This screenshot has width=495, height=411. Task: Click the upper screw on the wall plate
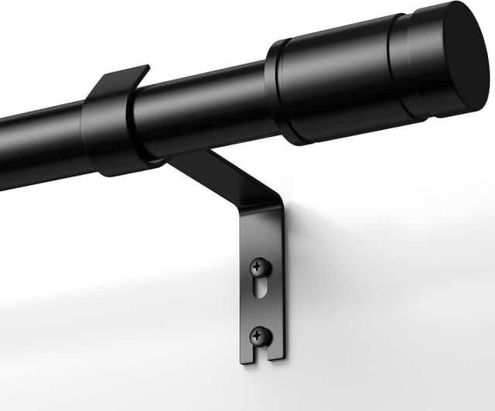click(260, 267)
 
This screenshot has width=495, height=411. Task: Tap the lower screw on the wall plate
click(261, 336)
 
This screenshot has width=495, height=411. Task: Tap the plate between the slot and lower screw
click(261, 319)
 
